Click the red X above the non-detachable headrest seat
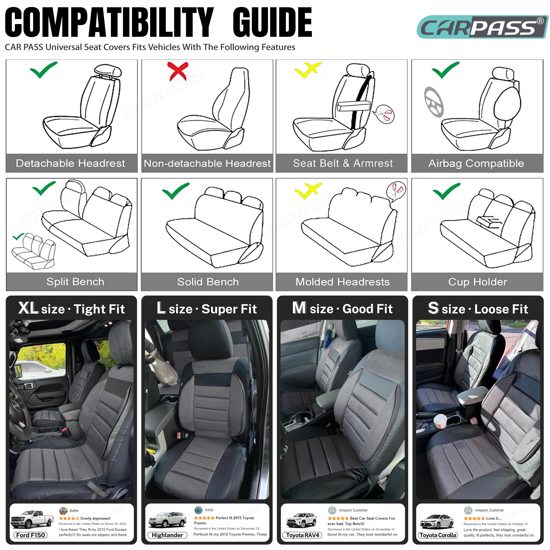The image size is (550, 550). [x=178, y=71]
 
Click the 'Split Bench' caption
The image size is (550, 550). [x=75, y=282]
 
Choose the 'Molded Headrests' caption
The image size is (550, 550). [x=343, y=282]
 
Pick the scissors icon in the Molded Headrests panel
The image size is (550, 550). [x=396, y=190]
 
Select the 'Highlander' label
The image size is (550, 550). [x=167, y=535]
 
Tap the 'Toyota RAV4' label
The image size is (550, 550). [x=302, y=535]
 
